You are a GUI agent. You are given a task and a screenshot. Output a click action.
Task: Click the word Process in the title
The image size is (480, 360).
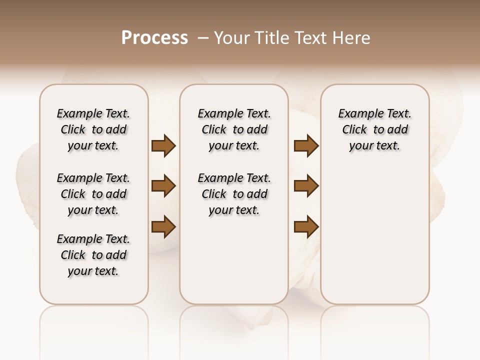point(154,37)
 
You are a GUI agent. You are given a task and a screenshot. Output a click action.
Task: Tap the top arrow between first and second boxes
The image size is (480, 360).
point(163,145)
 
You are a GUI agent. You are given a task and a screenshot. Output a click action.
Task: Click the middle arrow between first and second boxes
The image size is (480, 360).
point(163,186)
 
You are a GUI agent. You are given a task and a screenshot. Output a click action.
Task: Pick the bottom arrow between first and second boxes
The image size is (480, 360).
point(163,226)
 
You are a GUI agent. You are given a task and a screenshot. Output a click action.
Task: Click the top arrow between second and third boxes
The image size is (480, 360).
point(306,145)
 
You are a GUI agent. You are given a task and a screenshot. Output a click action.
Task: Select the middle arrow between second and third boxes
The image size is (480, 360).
point(306,186)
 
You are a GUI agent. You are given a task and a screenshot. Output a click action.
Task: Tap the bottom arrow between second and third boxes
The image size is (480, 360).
point(306,226)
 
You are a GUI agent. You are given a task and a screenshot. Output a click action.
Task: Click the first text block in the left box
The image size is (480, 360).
point(93,129)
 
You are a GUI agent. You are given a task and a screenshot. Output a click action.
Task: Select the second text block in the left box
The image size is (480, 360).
point(93,194)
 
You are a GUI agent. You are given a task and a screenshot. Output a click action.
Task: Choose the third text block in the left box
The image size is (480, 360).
point(93,255)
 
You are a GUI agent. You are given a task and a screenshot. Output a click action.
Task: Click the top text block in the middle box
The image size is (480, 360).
point(234,129)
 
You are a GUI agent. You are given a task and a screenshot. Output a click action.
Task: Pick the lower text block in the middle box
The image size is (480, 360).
point(234,194)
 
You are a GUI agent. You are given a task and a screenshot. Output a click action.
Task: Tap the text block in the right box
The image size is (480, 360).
point(374,129)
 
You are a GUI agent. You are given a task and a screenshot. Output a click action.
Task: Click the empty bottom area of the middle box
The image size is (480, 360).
point(234,265)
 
